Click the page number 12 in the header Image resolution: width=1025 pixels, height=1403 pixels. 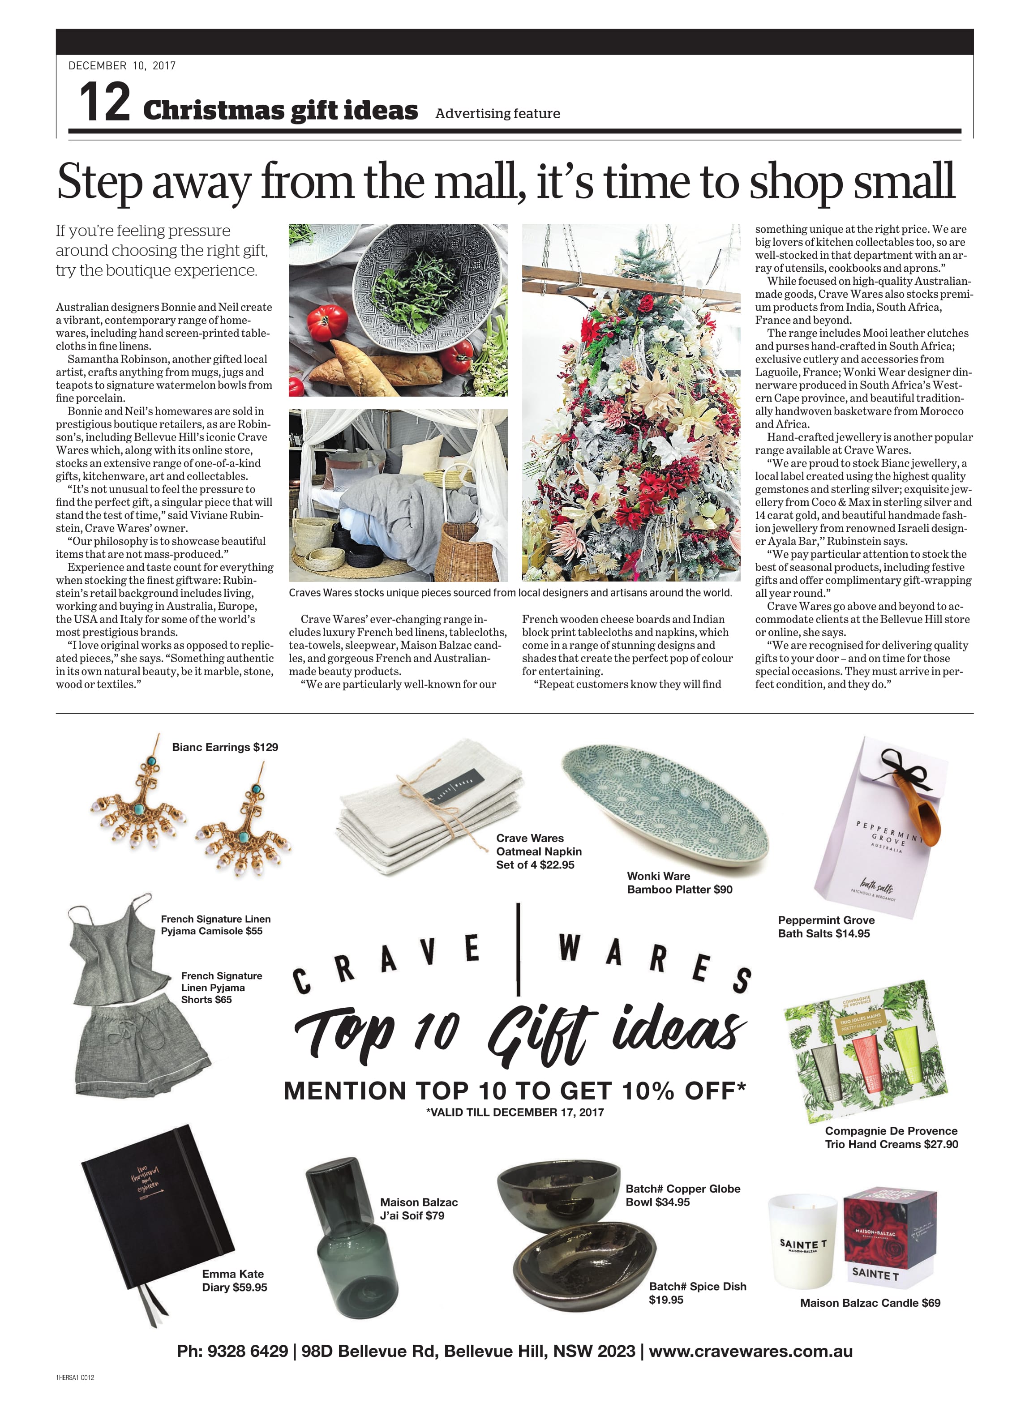click(105, 103)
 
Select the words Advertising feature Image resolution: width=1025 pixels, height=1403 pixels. click(497, 114)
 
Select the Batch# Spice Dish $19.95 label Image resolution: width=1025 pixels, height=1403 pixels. click(697, 1292)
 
